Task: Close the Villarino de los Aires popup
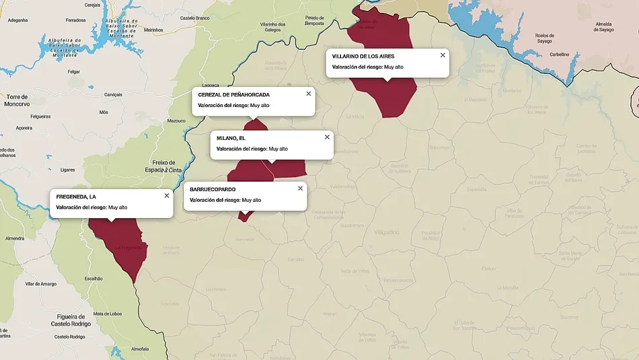tap(443, 55)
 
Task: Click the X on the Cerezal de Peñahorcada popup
tap(309, 94)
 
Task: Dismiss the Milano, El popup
tap(327, 137)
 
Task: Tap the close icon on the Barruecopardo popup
tap(300, 188)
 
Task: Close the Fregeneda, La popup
tap(167, 196)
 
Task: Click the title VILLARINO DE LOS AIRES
tap(363, 56)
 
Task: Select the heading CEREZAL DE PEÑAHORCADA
tap(233, 94)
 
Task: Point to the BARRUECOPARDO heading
tap(213, 189)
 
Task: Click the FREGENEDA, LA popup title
tap(81, 196)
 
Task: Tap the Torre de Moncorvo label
tap(17, 100)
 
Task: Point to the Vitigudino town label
tap(387, 231)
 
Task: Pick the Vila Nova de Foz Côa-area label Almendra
tap(15, 238)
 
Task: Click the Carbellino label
tap(559, 55)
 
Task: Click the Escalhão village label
tap(93, 279)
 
